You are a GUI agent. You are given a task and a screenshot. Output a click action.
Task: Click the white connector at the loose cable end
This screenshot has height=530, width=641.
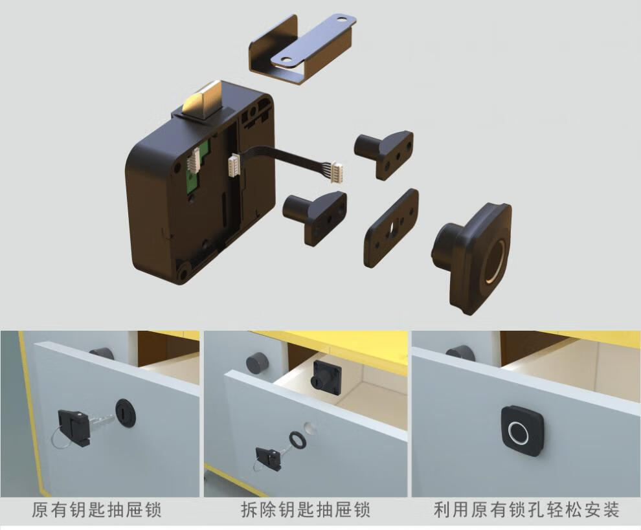(337, 171)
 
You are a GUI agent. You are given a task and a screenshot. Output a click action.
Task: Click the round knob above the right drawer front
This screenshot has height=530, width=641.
(459, 352)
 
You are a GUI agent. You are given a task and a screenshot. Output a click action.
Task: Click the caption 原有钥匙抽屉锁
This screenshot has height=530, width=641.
(96, 510)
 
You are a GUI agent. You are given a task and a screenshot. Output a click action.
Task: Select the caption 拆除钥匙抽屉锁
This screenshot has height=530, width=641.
(305, 510)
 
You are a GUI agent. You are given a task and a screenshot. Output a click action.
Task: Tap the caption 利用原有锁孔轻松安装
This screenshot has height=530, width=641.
(525, 510)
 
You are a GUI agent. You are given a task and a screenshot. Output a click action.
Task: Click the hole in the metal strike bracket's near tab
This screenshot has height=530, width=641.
(283, 60)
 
